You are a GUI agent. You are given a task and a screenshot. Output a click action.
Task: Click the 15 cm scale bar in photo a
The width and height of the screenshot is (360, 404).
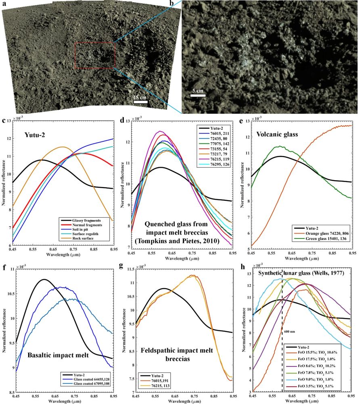(x=140, y=101)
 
